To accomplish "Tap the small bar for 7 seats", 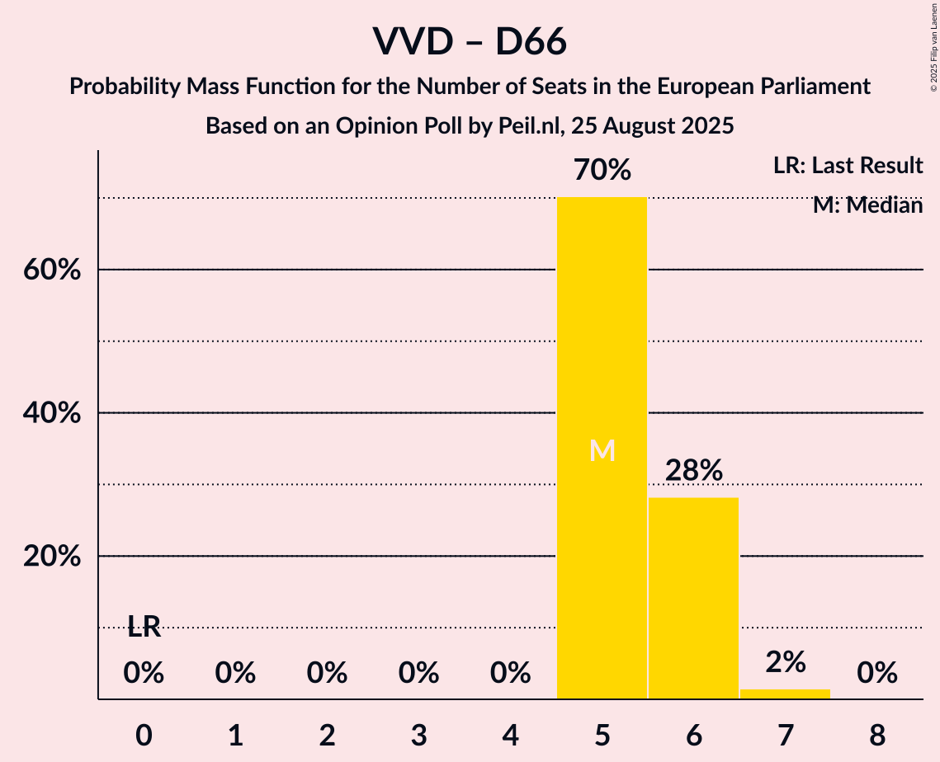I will point(785,694).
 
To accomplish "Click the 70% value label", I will point(602,171).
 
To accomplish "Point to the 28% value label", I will point(694,471).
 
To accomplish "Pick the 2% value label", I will point(785,661).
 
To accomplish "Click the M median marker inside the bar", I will point(602,450).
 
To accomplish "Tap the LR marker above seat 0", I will point(144,628).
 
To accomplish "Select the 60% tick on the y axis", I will point(52,270).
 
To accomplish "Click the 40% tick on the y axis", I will point(52,413).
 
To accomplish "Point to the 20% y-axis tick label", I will point(52,557).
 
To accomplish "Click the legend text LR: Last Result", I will point(848,166).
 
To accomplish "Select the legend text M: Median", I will point(867,205).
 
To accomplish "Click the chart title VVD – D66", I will point(470,41).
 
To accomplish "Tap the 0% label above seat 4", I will point(510,674).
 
